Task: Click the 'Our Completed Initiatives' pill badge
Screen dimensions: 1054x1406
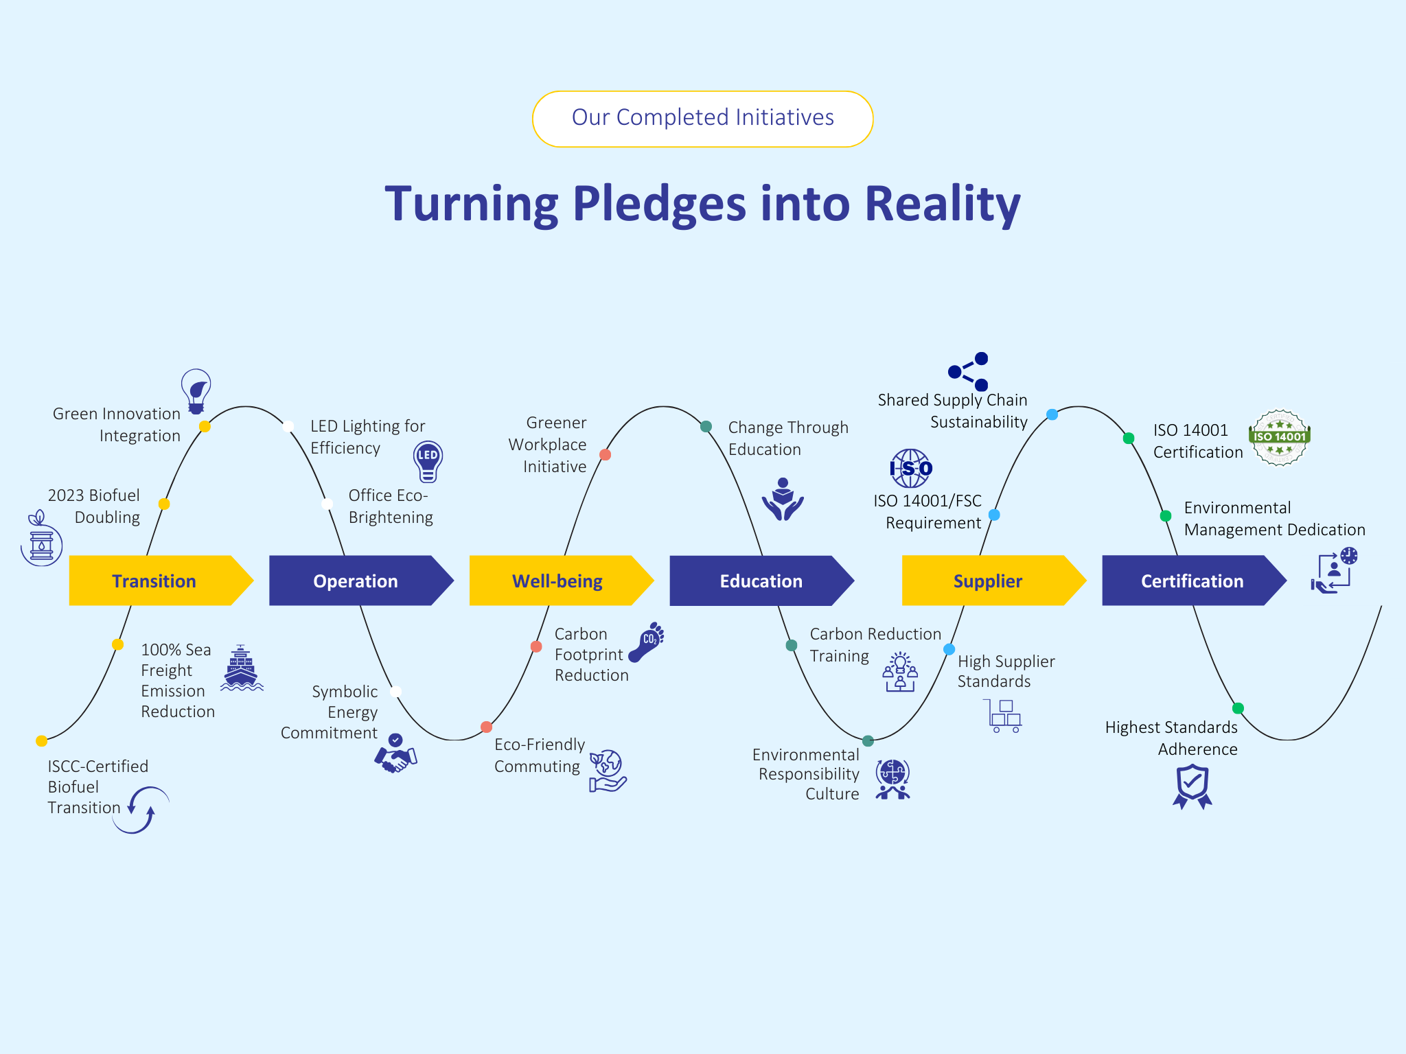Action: [702, 119]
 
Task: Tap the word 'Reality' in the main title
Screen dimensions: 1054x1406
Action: [942, 204]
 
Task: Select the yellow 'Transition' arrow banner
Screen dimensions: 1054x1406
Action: [154, 581]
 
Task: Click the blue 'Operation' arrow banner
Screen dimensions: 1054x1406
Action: [355, 581]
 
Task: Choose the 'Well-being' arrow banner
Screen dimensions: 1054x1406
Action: [557, 581]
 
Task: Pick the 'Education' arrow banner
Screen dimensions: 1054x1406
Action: [761, 581]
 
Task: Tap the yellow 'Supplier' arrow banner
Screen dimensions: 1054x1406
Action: [987, 581]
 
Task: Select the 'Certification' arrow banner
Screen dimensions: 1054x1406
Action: [1192, 581]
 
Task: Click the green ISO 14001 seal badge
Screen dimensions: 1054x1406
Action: [1279, 438]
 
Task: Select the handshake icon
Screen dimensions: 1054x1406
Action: [395, 754]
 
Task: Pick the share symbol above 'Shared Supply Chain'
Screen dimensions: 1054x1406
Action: [969, 371]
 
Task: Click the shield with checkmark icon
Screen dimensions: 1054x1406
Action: [1192, 786]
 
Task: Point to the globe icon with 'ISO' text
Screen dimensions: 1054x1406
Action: [910, 468]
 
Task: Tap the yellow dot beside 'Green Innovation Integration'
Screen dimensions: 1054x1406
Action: [205, 426]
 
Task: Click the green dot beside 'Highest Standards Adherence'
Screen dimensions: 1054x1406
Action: [1238, 708]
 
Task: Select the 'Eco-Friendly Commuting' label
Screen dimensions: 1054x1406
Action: [540, 756]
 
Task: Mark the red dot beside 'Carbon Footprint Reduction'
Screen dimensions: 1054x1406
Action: [536, 646]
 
